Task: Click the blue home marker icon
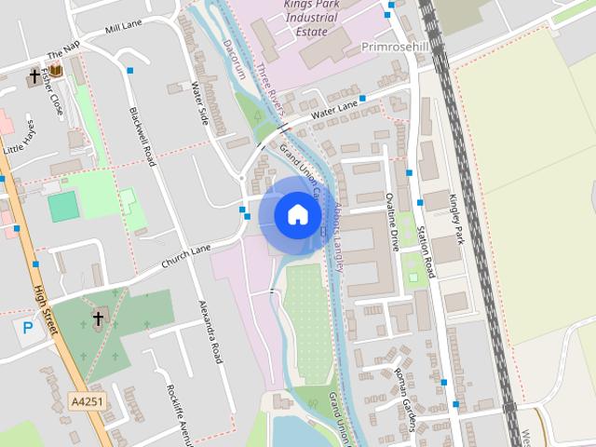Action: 297,215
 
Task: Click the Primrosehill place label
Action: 395,45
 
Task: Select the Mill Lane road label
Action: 124,29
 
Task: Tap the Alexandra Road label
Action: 211,332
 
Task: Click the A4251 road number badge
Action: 87,401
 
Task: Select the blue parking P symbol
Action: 25,328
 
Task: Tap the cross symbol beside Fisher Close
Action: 35,74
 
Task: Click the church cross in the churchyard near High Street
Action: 98,319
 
